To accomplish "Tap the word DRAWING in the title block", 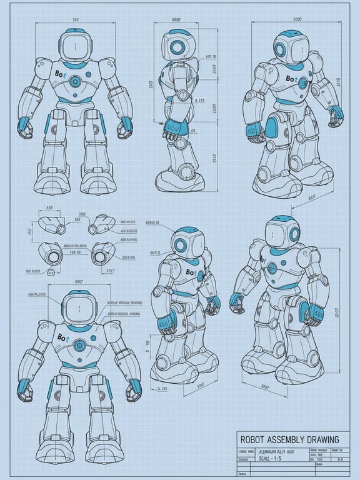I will (x=317, y=440).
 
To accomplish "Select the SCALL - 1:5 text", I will (x=257, y=459).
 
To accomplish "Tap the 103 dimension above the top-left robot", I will (x=75, y=19).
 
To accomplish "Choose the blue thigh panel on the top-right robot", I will (x=273, y=129).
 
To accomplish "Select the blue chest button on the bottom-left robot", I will (x=80, y=345).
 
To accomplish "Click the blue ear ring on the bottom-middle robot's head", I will (x=181, y=244).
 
